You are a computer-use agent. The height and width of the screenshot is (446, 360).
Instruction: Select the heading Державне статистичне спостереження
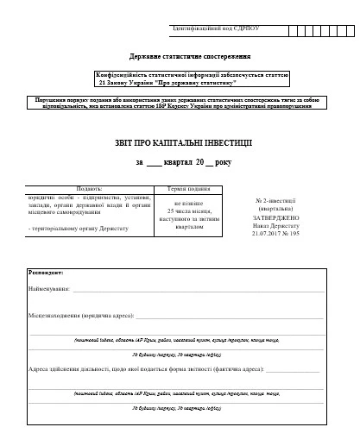[180, 53]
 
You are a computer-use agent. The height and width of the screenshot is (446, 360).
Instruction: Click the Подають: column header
[90, 187]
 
